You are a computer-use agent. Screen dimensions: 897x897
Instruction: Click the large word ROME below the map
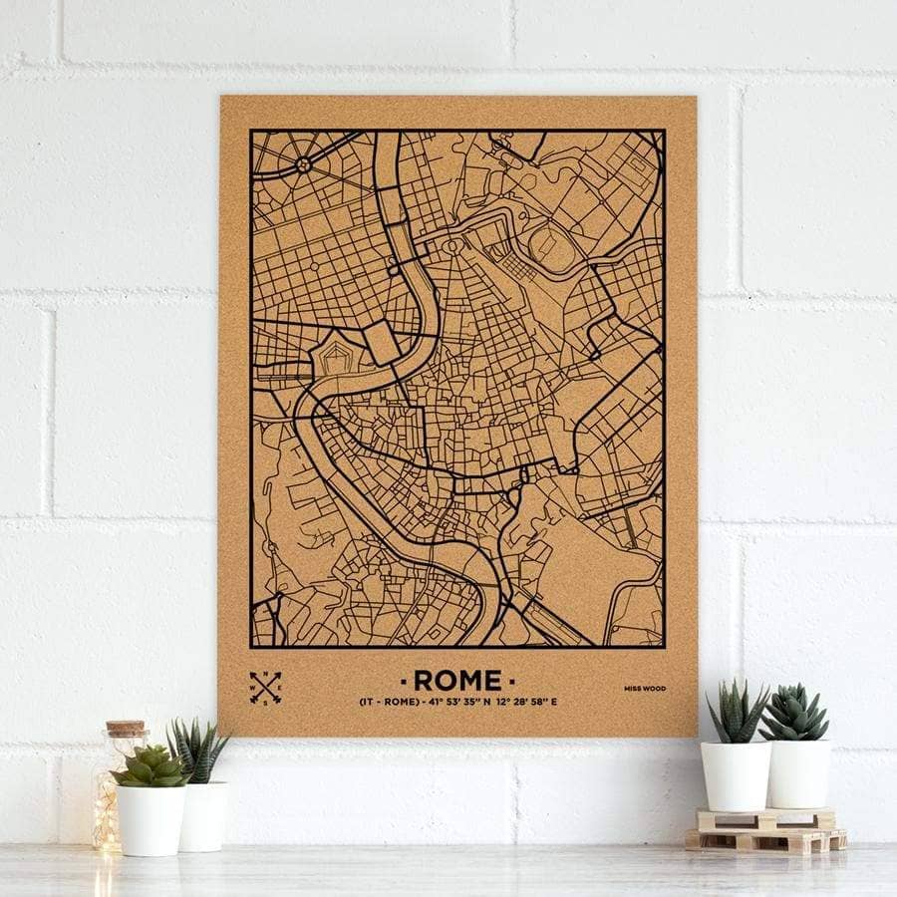(x=457, y=681)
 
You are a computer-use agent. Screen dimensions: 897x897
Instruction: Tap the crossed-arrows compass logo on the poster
(x=265, y=687)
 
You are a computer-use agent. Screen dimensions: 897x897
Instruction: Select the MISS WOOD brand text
(x=647, y=689)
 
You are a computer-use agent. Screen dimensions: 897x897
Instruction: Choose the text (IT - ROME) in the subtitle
(x=388, y=703)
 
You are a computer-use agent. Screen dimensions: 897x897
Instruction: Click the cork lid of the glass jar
(x=127, y=728)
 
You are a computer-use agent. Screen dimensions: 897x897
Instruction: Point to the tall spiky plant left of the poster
(x=195, y=749)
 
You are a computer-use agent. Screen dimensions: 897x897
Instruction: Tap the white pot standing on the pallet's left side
(x=735, y=775)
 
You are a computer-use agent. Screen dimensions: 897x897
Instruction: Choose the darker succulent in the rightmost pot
(x=795, y=712)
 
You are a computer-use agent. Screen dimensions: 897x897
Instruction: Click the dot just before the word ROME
(x=404, y=681)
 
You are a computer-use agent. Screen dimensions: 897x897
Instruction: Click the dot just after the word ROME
(x=512, y=681)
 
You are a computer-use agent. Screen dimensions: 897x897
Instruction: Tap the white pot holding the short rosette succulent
(x=150, y=819)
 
